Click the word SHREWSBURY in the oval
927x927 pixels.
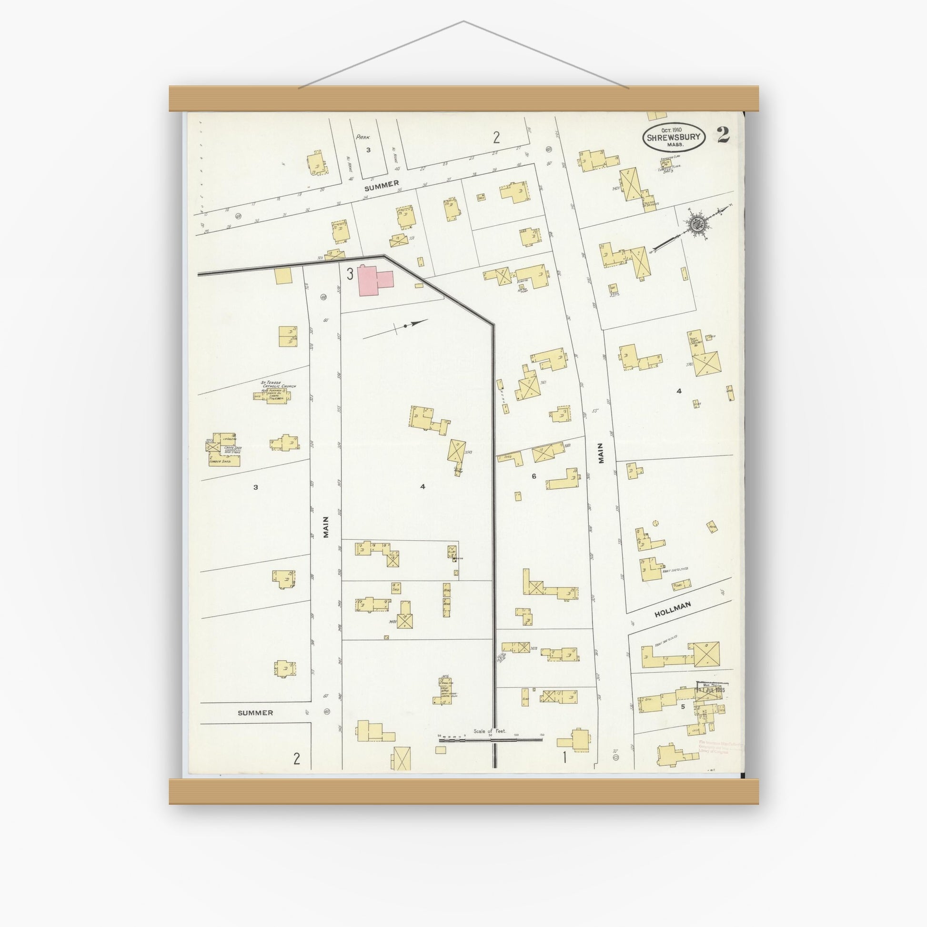(674, 137)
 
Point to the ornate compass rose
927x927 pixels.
(696, 224)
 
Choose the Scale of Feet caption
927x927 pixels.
(489, 731)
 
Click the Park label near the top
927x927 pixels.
(361, 137)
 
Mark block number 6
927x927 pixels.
(534, 476)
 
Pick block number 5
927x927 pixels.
(682, 706)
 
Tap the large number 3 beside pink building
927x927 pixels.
(350, 274)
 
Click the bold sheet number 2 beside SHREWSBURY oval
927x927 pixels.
(723, 136)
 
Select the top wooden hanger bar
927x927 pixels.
(463, 99)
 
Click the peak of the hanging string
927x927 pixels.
(463, 21)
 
